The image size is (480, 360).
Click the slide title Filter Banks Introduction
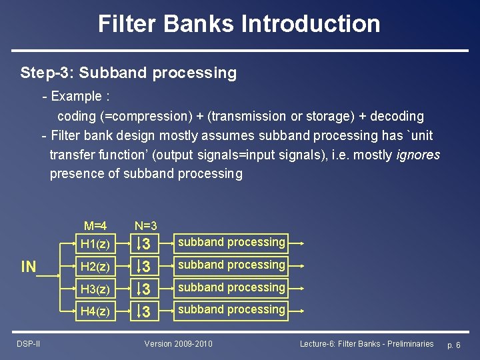point(239,24)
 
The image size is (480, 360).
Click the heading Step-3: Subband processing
point(129,72)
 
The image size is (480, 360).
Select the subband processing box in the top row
point(231,243)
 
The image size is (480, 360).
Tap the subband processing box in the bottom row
point(231,310)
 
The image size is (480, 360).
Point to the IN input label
point(29,267)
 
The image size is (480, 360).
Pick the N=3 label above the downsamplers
point(145,227)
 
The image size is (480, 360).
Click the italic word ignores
point(418,155)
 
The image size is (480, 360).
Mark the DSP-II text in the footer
point(28,344)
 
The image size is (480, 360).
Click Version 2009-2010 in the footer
point(179,344)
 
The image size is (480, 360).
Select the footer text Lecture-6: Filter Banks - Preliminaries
point(367,344)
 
